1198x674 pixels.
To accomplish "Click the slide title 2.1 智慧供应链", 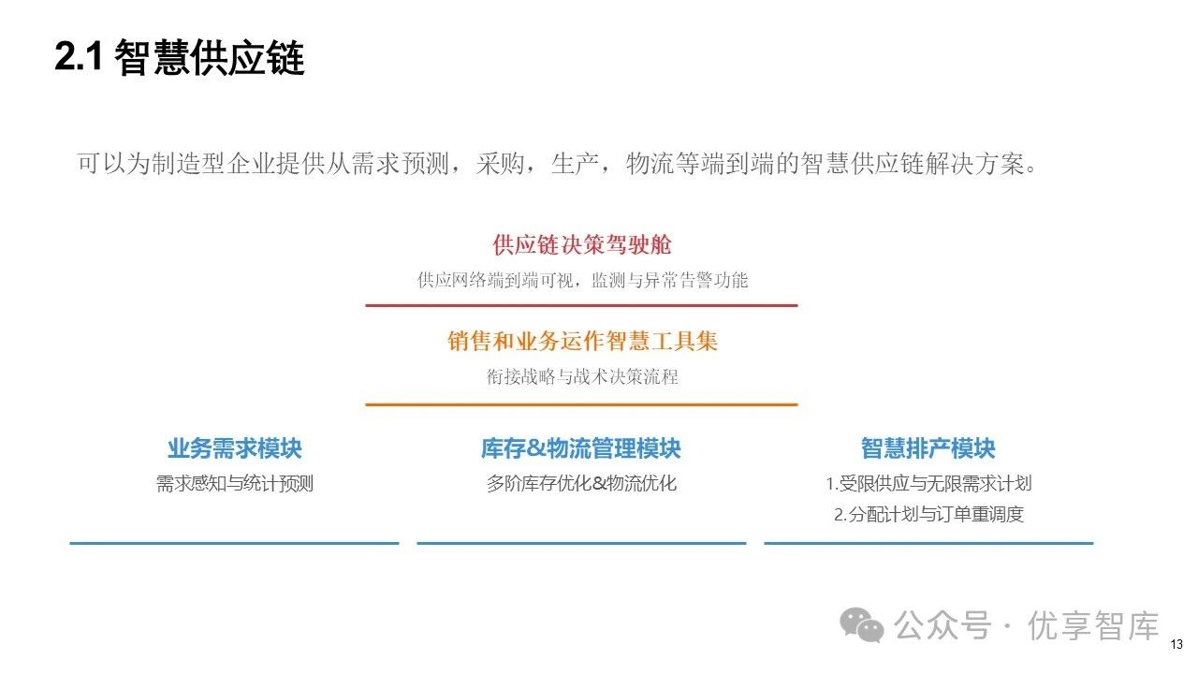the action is pyautogui.click(x=180, y=59).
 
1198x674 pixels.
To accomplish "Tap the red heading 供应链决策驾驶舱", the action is pyautogui.click(x=582, y=245).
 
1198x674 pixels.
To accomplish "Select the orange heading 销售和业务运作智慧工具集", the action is pyautogui.click(x=582, y=342).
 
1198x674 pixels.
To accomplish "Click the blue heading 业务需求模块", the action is pyautogui.click(x=235, y=449).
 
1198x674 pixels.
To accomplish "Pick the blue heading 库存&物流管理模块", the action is pyautogui.click(x=581, y=449).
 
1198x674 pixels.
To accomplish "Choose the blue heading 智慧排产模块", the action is pyautogui.click(x=928, y=449).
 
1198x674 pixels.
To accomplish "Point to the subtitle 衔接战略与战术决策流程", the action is pyautogui.click(x=582, y=377).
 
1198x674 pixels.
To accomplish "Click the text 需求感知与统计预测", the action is pyautogui.click(x=235, y=484).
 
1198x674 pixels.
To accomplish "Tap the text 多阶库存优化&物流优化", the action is pyautogui.click(x=581, y=484).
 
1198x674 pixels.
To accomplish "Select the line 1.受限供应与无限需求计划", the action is pyautogui.click(x=928, y=484).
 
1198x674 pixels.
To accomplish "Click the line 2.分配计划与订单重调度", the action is pyautogui.click(x=928, y=514).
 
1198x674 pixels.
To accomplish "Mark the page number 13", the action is pyautogui.click(x=1176, y=644).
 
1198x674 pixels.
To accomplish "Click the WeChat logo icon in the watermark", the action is pyautogui.click(x=861, y=624).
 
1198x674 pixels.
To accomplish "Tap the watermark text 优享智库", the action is pyautogui.click(x=1093, y=625).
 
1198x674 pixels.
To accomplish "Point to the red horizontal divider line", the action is pyautogui.click(x=581, y=305).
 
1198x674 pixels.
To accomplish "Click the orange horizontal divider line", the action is pyautogui.click(x=581, y=404).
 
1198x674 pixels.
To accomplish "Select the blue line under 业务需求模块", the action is pyautogui.click(x=234, y=542).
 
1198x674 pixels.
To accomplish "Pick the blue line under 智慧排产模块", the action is pyautogui.click(x=928, y=542).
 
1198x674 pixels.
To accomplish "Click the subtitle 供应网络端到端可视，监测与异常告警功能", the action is pyautogui.click(x=582, y=280).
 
